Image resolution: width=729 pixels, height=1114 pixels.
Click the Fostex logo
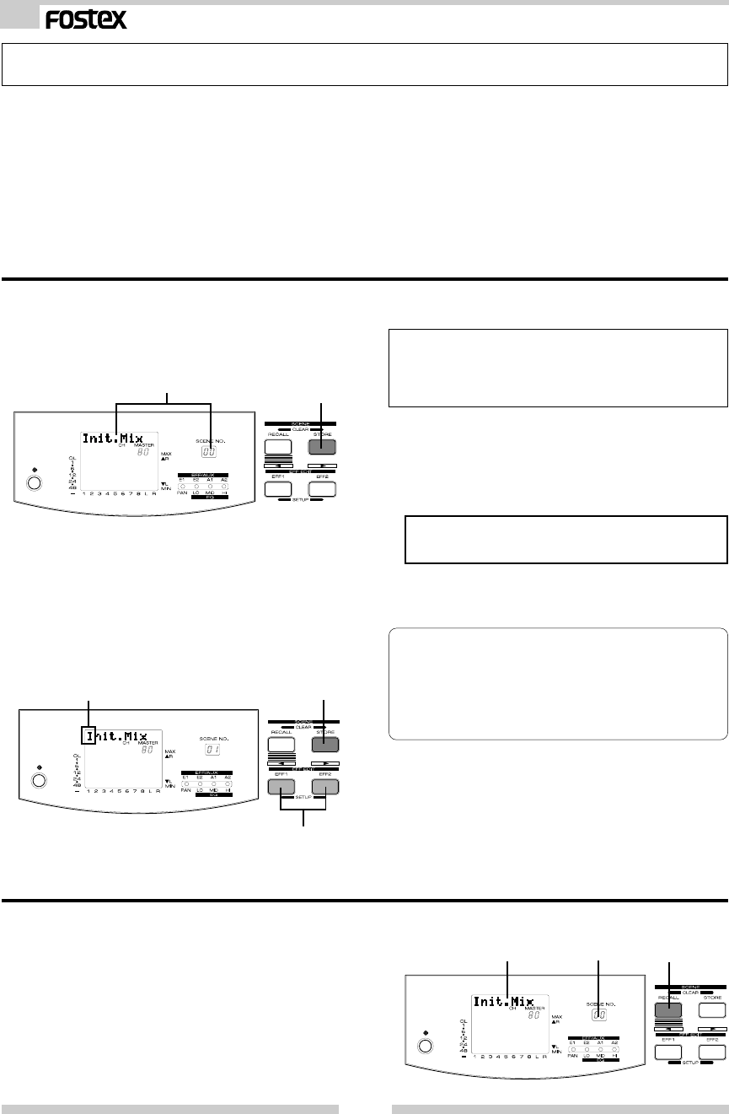(x=87, y=19)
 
